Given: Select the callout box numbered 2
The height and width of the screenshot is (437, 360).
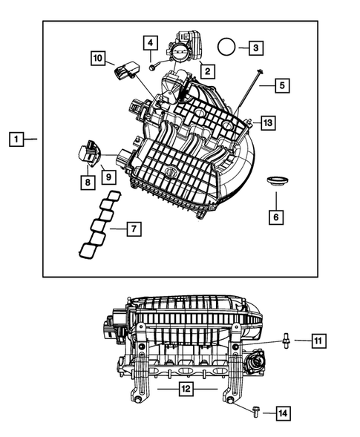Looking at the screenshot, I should pos(206,72).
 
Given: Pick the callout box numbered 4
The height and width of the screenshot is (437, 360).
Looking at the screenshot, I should pos(150,43).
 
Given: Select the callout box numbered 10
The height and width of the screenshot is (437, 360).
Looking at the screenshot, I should pos(99,57).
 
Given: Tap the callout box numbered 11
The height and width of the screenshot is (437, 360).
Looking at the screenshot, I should pos(317,341).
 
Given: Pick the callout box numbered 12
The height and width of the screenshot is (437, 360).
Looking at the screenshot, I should pos(187,388).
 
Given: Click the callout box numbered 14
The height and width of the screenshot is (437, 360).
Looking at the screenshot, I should pos(283,412).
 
